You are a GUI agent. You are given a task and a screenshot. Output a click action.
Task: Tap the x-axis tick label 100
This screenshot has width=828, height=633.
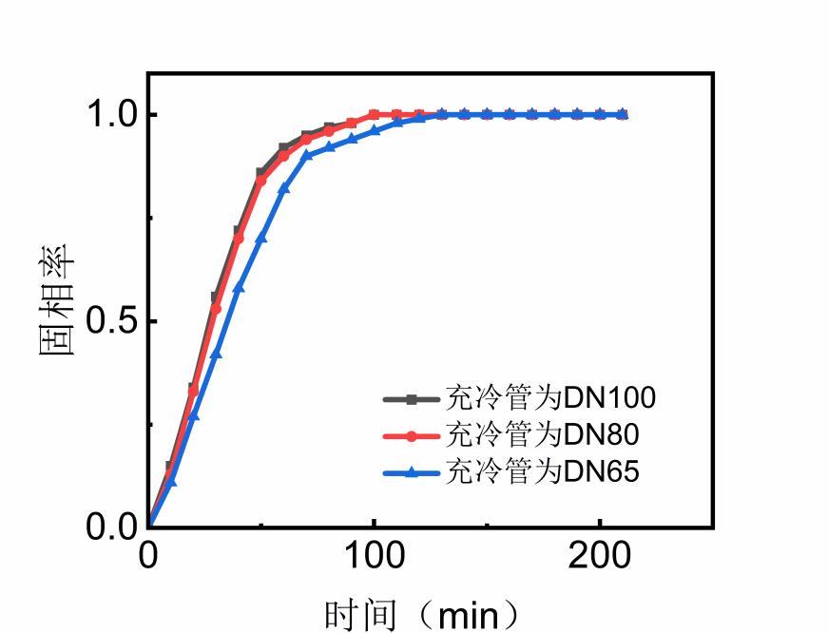coord(374,557)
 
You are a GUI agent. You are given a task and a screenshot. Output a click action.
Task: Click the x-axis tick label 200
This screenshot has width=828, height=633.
coord(600,557)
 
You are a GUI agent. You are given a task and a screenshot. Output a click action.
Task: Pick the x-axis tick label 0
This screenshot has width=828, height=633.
coord(148,557)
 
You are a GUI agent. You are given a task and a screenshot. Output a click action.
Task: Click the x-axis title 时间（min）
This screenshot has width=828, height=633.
coord(422,614)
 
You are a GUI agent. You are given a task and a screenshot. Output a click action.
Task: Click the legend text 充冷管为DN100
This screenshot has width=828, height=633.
coord(550,397)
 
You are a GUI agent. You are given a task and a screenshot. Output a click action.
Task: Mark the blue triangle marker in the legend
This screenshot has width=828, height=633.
coord(413,472)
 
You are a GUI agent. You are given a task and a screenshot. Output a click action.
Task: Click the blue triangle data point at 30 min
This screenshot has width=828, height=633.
coord(216,354)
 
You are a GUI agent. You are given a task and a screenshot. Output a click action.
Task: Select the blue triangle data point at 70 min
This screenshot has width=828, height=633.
coord(306,155)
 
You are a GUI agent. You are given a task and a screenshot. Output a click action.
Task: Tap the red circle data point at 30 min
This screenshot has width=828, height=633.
coord(216,308)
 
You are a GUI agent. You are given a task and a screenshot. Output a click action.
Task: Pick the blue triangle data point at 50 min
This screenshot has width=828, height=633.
coord(261,237)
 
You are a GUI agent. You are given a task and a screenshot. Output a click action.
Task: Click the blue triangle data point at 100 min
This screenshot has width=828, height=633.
coord(375,130)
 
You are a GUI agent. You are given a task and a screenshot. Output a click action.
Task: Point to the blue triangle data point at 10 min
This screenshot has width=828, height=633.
coord(171,481)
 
